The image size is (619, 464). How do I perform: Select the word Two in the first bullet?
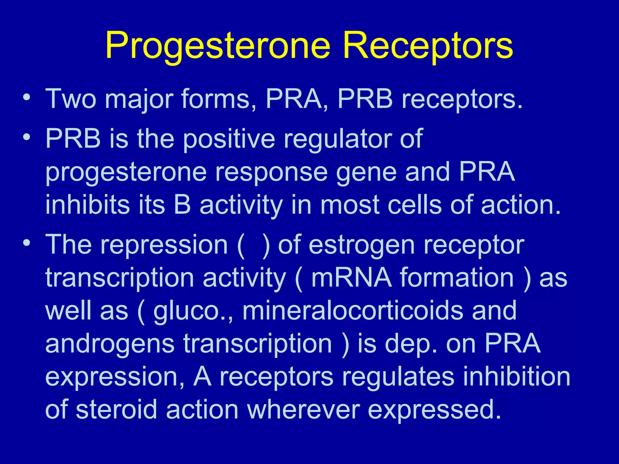(70, 99)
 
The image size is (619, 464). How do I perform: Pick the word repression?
(164, 245)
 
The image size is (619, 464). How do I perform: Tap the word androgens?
(110, 344)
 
